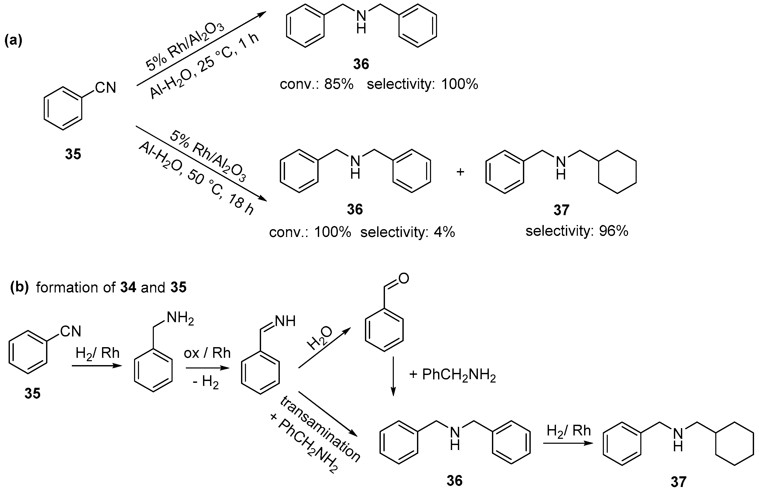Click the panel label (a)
coord(13,41)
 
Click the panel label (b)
coord(20,287)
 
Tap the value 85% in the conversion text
coord(339,84)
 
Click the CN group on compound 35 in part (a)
coord(106,88)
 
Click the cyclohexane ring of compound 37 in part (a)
coord(617,172)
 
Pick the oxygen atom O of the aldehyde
coord(403,279)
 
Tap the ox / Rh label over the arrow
coord(207,353)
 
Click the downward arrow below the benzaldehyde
coord(393,377)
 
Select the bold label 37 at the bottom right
coord(678,482)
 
